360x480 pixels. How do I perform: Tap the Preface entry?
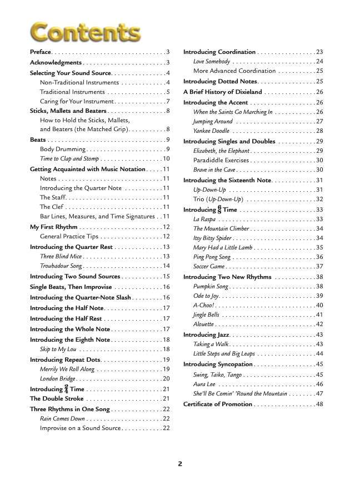41,52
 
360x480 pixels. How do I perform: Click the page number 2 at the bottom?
180,463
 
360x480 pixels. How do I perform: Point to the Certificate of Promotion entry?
218,404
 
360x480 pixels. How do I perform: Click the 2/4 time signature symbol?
66,389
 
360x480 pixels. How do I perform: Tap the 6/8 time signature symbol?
219,210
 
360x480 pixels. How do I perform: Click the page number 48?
319,404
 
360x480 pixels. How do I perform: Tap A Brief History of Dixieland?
222,92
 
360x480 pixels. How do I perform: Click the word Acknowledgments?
56,63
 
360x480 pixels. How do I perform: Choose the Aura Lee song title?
204,384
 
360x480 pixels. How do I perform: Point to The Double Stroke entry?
57,399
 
